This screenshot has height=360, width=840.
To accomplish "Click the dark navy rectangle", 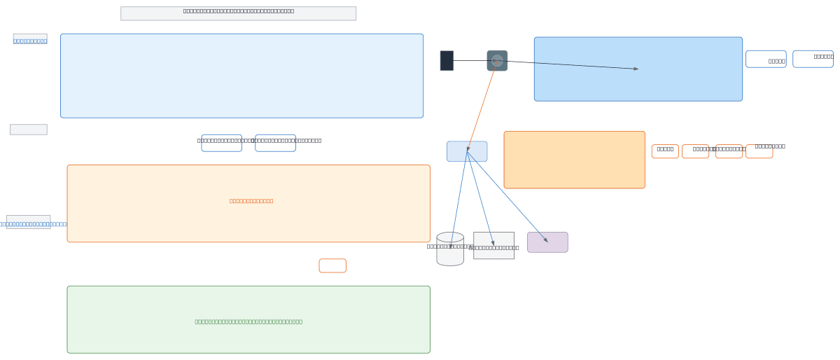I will (x=447, y=61).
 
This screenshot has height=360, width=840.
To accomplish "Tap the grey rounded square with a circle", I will (x=497, y=61).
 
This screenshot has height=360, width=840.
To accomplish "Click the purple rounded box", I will (x=547, y=242).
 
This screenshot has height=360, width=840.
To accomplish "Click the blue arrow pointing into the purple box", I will (x=507, y=197).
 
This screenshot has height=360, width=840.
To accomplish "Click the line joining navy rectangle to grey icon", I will (x=470, y=61).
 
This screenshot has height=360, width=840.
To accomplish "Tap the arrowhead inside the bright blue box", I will (x=635, y=69).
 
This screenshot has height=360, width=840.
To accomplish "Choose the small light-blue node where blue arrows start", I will (x=467, y=151).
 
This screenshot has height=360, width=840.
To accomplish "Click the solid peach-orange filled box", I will (x=574, y=160).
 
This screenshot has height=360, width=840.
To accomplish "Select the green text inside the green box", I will (x=248, y=321).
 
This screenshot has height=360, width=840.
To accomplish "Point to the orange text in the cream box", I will (x=251, y=201).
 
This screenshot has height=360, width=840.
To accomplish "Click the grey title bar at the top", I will (x=238, y=13).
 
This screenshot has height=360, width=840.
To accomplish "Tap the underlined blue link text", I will (x=30, y=41).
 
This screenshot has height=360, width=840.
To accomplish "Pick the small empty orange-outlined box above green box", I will (x=332, y=265).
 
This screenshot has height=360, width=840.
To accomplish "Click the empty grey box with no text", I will (x=29, y=130).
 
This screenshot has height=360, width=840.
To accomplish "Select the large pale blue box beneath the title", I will (x=241, y=76).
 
